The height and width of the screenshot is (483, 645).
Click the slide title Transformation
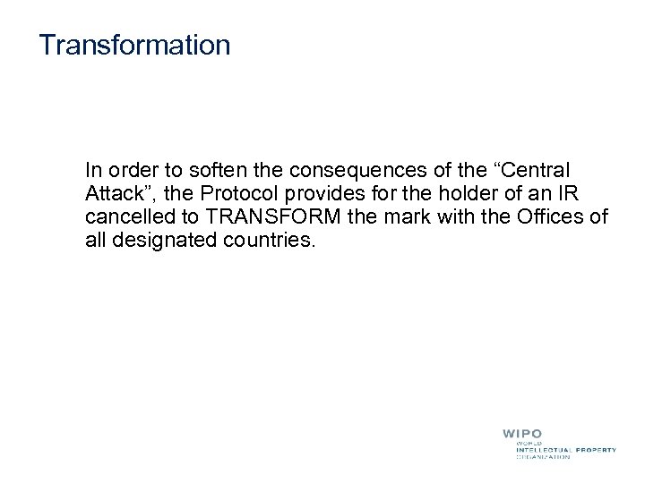click(x=134, y=45)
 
